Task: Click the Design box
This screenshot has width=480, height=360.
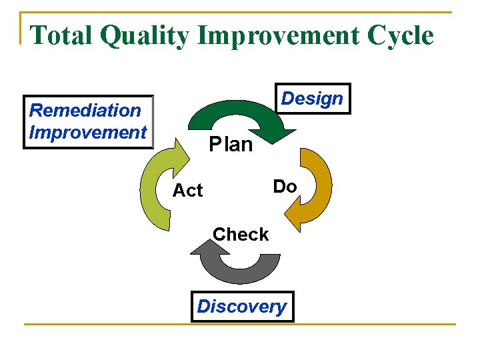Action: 312,99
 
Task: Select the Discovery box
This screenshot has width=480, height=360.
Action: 242,307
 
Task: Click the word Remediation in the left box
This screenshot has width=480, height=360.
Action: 86,110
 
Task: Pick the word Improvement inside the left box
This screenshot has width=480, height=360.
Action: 87,132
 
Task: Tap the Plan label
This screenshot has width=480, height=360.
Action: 231,144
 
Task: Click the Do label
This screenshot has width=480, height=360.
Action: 285,187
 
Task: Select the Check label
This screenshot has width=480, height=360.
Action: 241,235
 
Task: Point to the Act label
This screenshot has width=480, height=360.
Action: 187,191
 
